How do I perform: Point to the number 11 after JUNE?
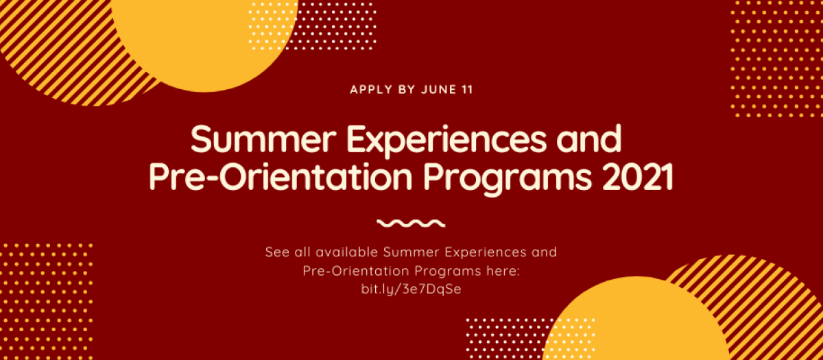point(467,90)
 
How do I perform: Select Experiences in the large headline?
point(446,141)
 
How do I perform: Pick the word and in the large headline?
point(589,138)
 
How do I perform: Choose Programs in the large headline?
point(508,178)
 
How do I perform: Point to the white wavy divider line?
point(411,224)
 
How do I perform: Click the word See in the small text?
point(277,252)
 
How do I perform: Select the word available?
point(347,252)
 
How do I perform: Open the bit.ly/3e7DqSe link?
point(411,289)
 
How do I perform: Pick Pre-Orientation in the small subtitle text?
point(356,271)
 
